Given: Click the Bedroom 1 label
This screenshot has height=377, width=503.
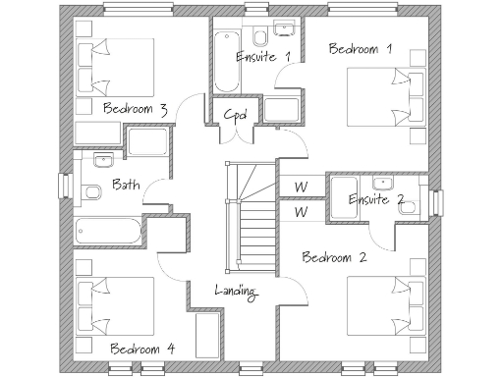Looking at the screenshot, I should click(x=361, y=49).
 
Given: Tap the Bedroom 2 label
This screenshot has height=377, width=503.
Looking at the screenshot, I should click(x=334, y=258).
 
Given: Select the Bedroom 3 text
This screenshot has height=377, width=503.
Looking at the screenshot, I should click(x=134, y=108).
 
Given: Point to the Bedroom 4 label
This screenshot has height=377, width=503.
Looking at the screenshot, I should click(x=142, y=348).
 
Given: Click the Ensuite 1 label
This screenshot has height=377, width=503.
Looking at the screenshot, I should click(x=263, y=57).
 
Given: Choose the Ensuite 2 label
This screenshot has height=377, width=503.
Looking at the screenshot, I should click(x=376, y=199).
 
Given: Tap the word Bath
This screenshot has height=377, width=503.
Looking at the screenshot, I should click(x=126, y=184).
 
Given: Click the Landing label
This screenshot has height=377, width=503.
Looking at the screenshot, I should click(x=236, y=291).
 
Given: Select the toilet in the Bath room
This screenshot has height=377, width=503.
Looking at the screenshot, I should click(x=91, y=191).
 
